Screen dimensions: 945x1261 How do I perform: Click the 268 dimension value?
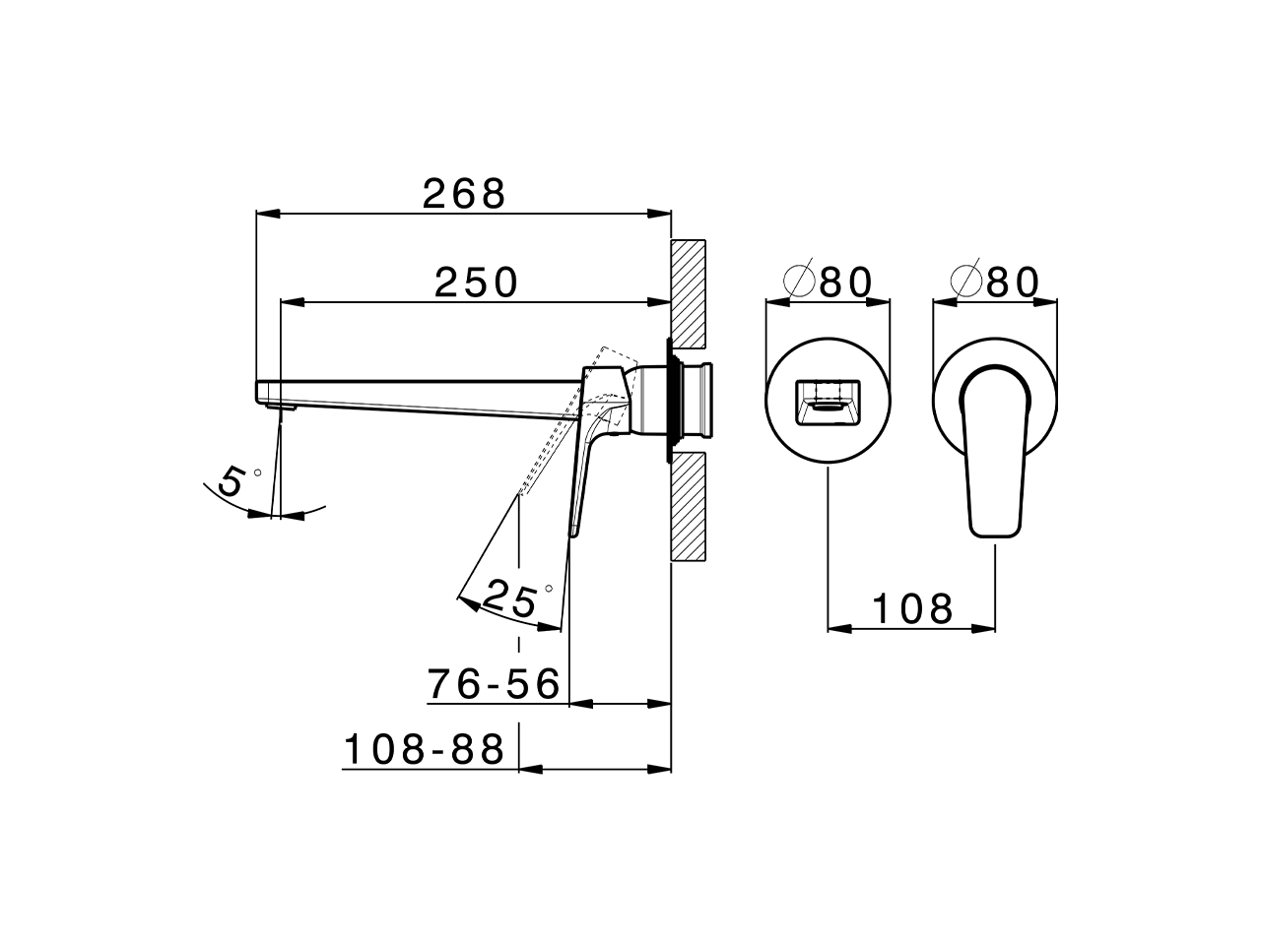pos(464,194)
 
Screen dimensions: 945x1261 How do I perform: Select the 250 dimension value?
pos(477,283)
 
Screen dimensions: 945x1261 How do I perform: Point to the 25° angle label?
pos(515,598)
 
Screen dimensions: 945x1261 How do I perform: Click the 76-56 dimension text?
pos(495,683)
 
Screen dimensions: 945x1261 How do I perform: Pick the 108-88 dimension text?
pos(425,750)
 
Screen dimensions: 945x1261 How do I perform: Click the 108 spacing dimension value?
pos(911,609)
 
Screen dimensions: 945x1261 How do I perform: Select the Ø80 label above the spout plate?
pos(830,283)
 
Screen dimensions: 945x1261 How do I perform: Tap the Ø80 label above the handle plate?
pos(996,283)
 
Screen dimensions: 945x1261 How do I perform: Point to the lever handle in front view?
pos(994,453)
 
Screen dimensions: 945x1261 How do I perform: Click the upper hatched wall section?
pos(688,292)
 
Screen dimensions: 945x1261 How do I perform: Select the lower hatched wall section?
pos(688,506)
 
